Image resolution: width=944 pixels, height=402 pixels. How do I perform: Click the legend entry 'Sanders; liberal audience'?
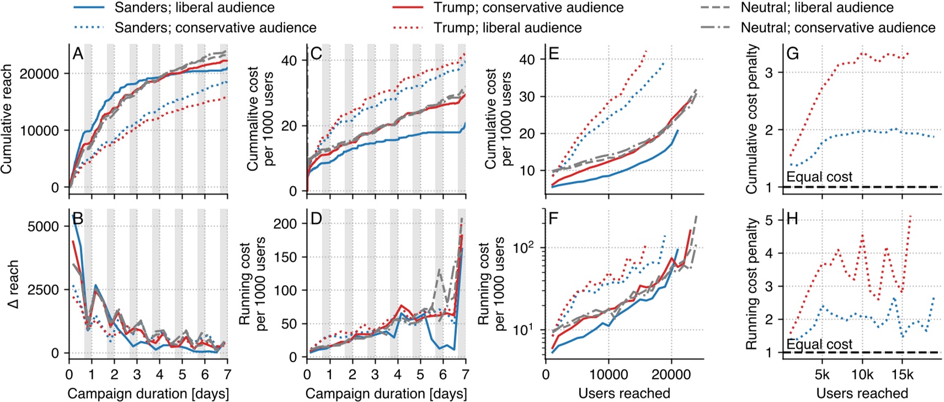coord(194,8)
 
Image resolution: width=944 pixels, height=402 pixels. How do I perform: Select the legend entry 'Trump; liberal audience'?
coord(507,28)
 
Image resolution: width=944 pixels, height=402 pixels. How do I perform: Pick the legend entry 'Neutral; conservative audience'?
coord(838,28)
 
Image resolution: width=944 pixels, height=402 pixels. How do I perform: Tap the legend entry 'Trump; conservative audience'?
coord(528,8)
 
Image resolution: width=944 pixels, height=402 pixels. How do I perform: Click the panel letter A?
coord(78,54)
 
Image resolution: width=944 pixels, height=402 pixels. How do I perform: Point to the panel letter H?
coord(792,219)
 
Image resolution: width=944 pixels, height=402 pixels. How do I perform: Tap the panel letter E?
coord(554,54)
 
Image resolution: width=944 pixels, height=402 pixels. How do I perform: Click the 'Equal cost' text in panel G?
coord(819,177)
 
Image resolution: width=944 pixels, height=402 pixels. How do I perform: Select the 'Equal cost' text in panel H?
coord(819,345)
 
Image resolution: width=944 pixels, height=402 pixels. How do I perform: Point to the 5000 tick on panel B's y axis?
coord(43,227)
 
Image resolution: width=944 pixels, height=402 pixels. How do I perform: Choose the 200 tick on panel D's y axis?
coord(285,224)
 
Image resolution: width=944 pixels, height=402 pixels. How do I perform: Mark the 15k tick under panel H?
coord(902,375)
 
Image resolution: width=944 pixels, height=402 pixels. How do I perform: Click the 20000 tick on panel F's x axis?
coord(671,375)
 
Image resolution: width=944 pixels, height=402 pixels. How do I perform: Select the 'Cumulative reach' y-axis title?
coord(7,119)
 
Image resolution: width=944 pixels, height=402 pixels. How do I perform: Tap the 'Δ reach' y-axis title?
coord(12,284)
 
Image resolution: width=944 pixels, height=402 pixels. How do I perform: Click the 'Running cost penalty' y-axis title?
coord(751,283)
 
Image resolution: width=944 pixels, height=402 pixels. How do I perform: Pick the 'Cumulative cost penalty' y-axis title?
coord(751,119)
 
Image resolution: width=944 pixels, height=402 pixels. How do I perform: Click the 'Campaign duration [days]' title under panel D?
coord(386,394)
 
